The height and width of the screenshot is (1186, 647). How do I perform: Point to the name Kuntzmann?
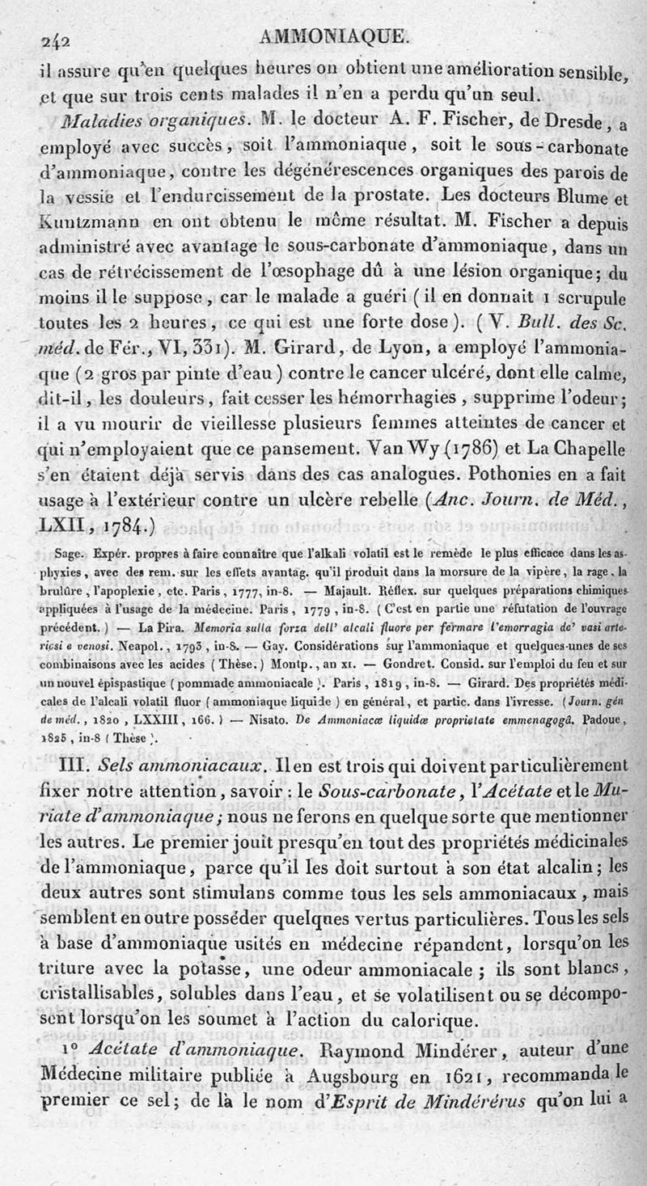coord(88,220)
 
